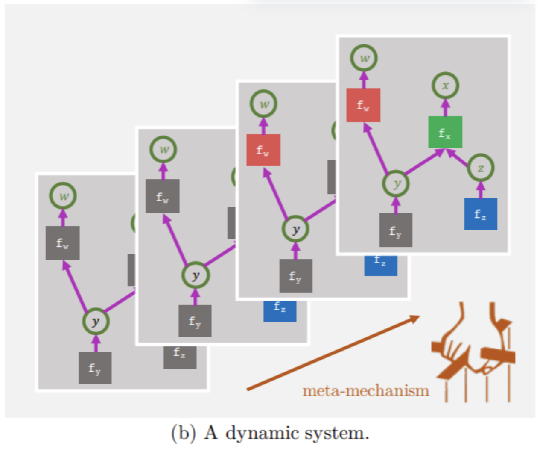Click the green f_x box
[x=445, y=132]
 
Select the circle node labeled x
[x=445, y=86]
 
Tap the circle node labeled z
[x=481, y=168]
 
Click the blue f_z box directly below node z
[x=481, y=214]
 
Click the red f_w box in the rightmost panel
[x=363, y=105]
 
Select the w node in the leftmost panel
[x=63, y=196]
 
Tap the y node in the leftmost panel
[x=96, y=321]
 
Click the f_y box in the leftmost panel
[x=95, y=368]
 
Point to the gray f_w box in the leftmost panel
[x=62, y=243]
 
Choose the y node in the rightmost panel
[x=396, y=183]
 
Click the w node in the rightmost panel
[x=364, y=58]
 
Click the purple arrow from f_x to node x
[x=445, y=108]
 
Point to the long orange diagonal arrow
[x=333, y=353]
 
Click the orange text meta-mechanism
[x=366, y=391]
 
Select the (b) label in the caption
[x=183, y=433]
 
